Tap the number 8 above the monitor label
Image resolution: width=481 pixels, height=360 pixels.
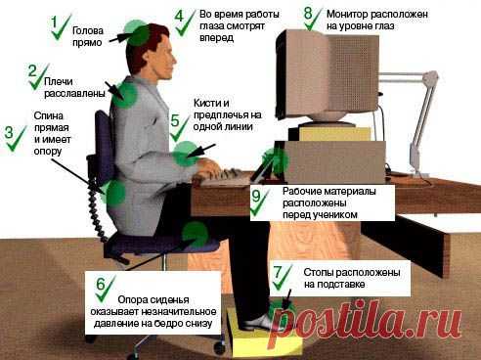(309, 14)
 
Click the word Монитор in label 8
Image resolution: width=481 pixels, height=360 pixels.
(347, 16)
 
